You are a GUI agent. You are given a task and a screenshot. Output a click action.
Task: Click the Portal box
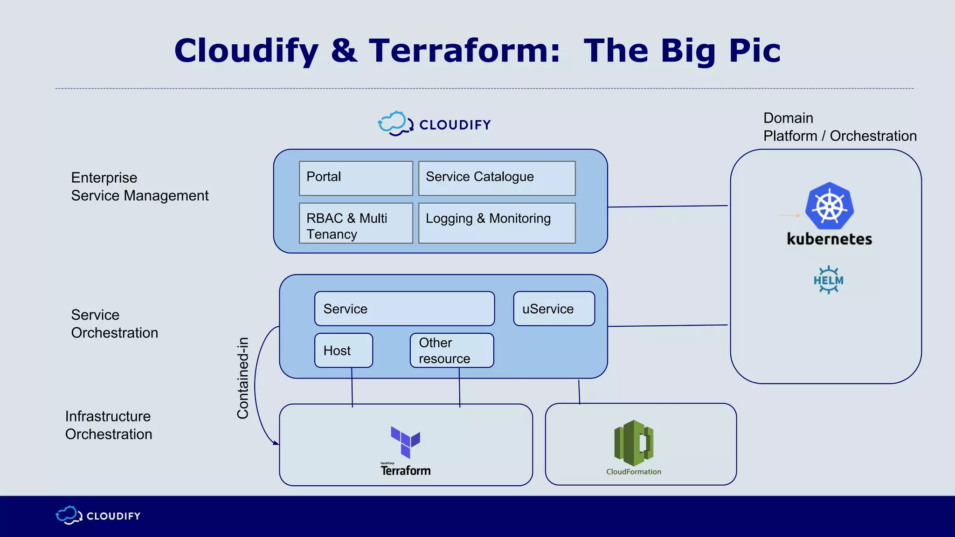(356, 178)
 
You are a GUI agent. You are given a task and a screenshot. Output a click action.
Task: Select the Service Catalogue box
(497, 178)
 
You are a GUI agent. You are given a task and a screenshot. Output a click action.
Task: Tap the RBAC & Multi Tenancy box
(356, 223)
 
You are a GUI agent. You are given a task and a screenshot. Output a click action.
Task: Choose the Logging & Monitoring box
(497, 223)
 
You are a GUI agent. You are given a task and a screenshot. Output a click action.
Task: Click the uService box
(554, 309)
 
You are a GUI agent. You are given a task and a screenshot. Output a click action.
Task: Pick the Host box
(344, 351)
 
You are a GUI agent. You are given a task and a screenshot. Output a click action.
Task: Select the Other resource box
(452, 351)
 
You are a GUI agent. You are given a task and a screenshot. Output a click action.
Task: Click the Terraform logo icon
(405, 442)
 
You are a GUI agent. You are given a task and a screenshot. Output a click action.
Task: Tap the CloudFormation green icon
(634, 443)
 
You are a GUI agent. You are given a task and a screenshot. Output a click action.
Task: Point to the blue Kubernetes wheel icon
(830, 206)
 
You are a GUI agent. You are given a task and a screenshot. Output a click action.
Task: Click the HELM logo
(828, 280)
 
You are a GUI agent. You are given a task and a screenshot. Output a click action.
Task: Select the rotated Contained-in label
(243, 378)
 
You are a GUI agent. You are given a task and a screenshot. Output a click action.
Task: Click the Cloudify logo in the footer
(98, 516)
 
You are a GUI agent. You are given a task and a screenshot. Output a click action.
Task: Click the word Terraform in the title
(464, 51)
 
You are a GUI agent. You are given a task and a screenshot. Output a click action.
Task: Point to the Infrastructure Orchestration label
(109, 425)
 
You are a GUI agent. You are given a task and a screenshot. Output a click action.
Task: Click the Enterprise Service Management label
(139, 186)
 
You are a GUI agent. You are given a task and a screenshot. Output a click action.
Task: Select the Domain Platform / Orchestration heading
(839, 127)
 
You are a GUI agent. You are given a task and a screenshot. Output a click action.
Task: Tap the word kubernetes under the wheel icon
(829, 239)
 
